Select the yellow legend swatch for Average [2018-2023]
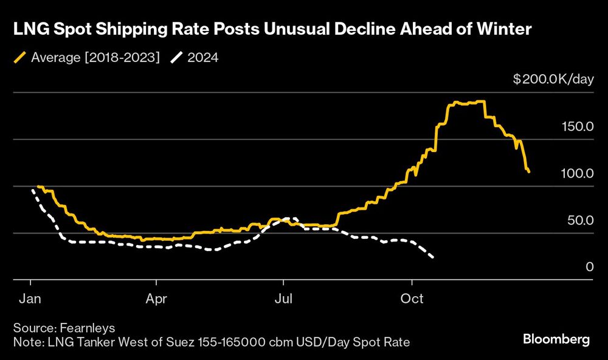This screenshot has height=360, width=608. click(19, 58)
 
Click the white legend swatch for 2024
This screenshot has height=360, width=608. click(176, 58)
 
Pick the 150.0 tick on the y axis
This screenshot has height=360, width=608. click(576, 126)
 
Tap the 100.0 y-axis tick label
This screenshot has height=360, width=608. click(576, 173)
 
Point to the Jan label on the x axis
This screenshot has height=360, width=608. click(30, 299)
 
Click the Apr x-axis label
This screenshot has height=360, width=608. click(157, 299)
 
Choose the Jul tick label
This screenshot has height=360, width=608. click(283, 299)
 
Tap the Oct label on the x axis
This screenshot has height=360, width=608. click(412, 299)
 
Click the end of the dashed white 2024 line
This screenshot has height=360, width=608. click(433, 258)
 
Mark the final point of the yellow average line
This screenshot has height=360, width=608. click(529, 172)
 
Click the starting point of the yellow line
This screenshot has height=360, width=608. click(38, 187)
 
